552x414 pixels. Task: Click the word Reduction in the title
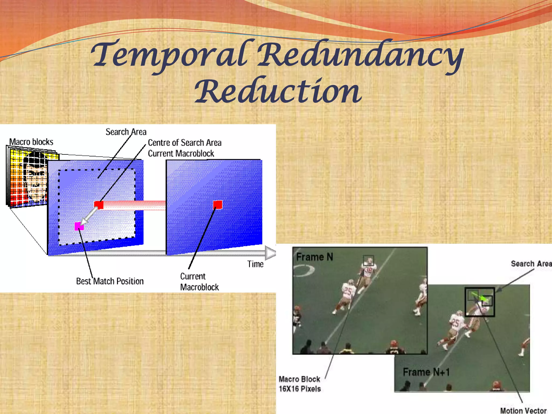click(x=278, y=92)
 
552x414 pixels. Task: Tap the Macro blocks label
click(x=31, y=142)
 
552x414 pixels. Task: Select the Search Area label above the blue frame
click(x=126, y=132)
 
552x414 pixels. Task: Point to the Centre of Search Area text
click(x=185, y=143)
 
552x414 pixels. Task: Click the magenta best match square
click(x=79, y=226)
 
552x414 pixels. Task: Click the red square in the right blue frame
click(x=218, y=205)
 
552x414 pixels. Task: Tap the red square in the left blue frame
click(x=99, y=205)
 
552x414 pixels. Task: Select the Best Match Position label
click(x=110, y=281)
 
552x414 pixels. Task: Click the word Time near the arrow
click(x=255, y=264)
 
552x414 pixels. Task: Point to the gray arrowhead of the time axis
click(x=270, y=253)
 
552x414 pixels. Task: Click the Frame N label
click(x=314, y=257)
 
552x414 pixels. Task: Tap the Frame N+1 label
click(x=426, y=372)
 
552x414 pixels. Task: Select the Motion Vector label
click(x=523, y=410)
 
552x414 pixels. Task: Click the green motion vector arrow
click(x=480, y=297)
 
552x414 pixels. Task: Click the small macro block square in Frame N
click(x=368, y=260)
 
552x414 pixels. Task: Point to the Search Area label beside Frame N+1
click(x=531, y=264)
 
